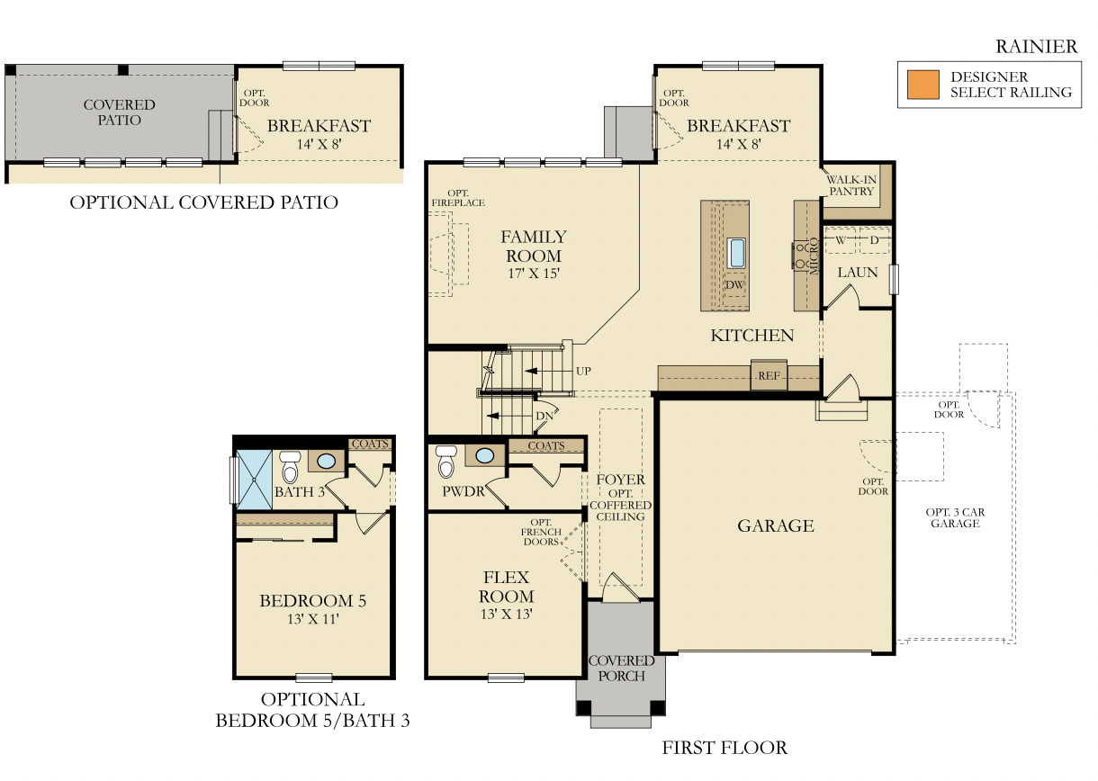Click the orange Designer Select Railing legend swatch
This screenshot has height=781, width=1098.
[922, 85]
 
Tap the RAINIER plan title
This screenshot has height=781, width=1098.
[1036, 47]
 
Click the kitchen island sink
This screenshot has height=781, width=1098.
[737, 253]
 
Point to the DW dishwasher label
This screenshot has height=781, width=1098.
[735, 285]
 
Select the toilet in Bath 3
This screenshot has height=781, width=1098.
[290, 467]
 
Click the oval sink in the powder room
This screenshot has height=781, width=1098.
[485, 455]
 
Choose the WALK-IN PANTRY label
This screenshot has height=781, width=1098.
[851, 185]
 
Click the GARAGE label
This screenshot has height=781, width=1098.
[776, 525]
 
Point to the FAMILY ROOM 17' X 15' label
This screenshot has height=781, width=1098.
[534, 255]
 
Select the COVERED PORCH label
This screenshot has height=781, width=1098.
[621, 668]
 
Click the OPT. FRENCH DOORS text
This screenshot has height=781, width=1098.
[543, 532]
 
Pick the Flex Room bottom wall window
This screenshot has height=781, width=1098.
[506, 677]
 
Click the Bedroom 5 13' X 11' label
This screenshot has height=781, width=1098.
[312, 609]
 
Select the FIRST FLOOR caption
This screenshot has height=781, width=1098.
[724, 747]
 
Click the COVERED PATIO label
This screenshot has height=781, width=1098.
[120, 112]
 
